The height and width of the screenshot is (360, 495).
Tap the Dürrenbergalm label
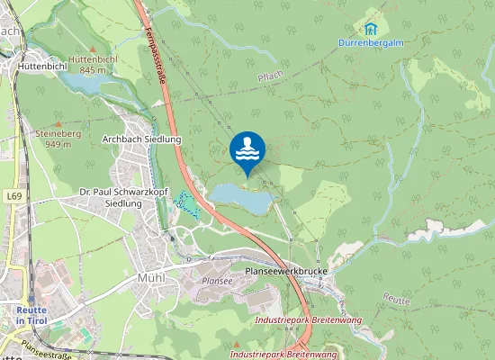click(370, 42)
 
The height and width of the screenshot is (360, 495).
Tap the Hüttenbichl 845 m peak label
click(93, 64)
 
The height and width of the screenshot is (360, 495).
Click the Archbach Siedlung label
click(142, 139)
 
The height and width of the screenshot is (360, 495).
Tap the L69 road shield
click(12, 194)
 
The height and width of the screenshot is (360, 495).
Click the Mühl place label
click(150, 278)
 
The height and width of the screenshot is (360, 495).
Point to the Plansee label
click(217, 281)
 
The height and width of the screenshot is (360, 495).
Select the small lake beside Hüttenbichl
click(82, 83)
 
